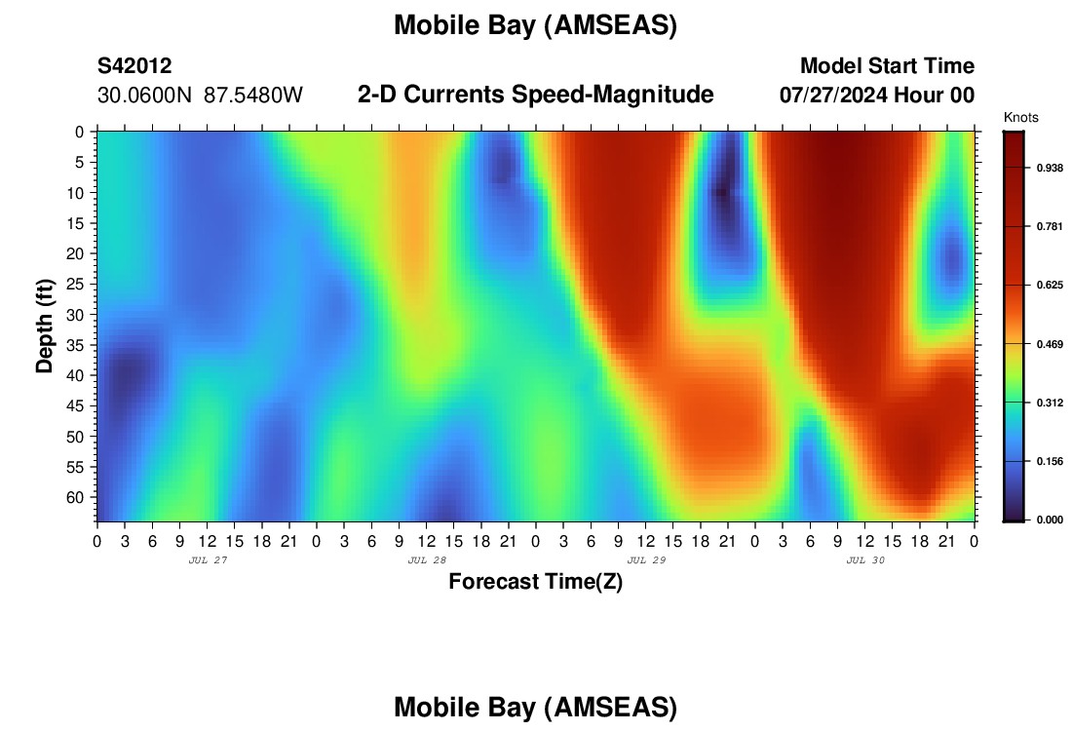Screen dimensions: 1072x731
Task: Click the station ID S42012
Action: pyautogui.click(x=134, y=65)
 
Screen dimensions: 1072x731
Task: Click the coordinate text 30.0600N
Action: pyautogui.click(x=144, y=96)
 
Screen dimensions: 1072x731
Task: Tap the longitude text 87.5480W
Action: pyautogui.click(x=253, y=96)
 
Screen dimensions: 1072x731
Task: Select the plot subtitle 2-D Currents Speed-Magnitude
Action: pyautogui.click(x=535, y=95)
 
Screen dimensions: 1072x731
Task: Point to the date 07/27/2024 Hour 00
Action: pyautogui.click(x=877, y=96)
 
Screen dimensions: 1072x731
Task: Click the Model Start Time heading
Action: pyautogui.click(x=888, y=65)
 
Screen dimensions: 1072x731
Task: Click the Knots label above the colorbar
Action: pyautogui.click(x=1020, y=118)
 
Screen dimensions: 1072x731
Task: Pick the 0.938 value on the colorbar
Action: pyautogui.click(x=1050, y=169)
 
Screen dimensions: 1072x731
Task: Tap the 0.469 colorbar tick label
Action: pyautogui.click(x=1050, y=344)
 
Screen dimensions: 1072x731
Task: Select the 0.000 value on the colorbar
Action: pyautogui.click(x=1050, y=519)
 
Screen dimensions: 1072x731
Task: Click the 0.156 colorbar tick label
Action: pyautogui.click(x=1050, y=462)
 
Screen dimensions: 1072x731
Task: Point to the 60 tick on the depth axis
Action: pyautogui.click(x=74, y=498)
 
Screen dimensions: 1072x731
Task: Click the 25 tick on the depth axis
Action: pyautogui.click(x=74, y=284)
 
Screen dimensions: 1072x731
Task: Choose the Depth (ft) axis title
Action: pyautogui.click(x=45, y=327)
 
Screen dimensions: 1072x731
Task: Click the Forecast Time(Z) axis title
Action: pyautogui.click(x=535, y=581)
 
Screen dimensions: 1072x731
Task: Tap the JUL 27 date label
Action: pyautogui.click(x=208, y=560)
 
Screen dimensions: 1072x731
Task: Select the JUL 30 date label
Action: pyautogui.click(x=865, y=560)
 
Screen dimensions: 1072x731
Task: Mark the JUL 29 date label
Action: pyautogui.click(x=646, y=560)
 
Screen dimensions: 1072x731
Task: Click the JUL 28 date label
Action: pyautogui.click(x=427, y=560)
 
